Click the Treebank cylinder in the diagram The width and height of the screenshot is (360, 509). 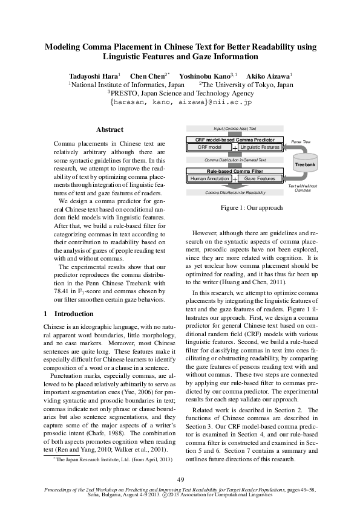[304, 164]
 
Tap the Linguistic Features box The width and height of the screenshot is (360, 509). [260, 147]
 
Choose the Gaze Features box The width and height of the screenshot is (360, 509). [260, 178]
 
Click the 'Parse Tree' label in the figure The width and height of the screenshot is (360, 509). [301, 140]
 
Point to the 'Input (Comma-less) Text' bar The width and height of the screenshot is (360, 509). [235, 129]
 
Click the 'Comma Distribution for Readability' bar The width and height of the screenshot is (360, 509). [235, 192]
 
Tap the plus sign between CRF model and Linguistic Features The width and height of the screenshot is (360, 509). [235, 148]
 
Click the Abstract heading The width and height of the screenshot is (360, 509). [110, 129]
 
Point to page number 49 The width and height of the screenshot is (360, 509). [180, 479]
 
